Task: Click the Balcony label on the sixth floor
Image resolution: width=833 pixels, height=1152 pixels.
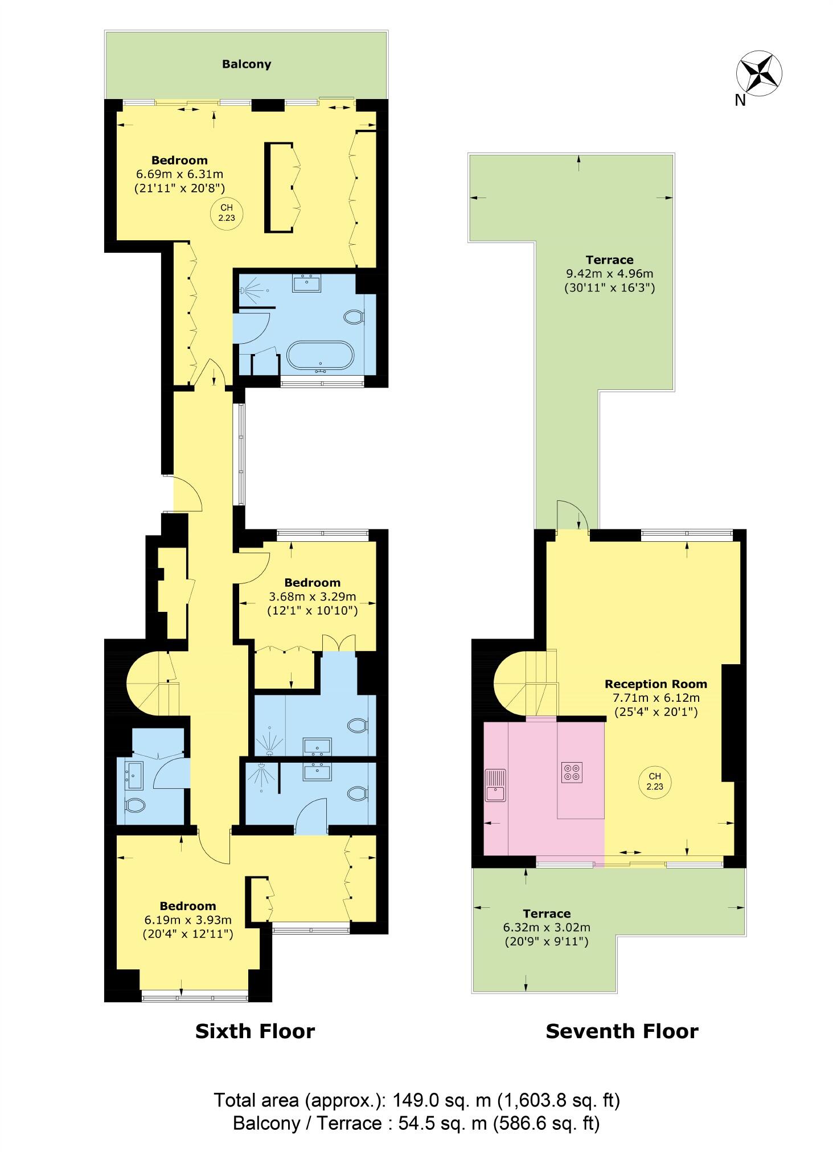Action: pyautogui.click(x=246, y=64)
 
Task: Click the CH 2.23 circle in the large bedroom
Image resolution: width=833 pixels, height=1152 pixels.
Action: pyautogui.click(x=226, y=212)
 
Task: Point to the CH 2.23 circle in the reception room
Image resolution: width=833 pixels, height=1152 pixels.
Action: pyautogui.click(x=654, y=781)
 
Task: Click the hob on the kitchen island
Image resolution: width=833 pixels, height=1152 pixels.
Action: pyautogui.click(x=571, y=772)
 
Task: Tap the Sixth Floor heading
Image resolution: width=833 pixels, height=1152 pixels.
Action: pyautogui.click(x=255, y=1031)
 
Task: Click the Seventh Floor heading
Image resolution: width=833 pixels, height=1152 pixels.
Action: pyautogui.click(x=621, y=1031)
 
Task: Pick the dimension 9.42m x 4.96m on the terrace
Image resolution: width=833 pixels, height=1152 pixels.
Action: pyautogui.click(x=609, y=274)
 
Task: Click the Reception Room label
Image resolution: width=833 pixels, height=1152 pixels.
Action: pyautogui.click(x=655, y=684)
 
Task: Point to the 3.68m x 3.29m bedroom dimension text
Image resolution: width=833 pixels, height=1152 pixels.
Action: pyautogui.click(x=312, y=597)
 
